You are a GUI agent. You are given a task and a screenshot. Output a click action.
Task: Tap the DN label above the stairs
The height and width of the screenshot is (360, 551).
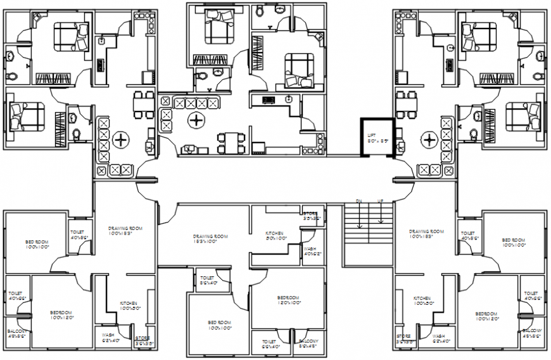point(358,201)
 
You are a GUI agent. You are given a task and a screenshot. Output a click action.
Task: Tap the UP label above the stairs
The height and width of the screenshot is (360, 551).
point(381,201)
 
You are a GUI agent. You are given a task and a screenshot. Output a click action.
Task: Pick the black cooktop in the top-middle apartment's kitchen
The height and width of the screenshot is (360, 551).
point(268,100)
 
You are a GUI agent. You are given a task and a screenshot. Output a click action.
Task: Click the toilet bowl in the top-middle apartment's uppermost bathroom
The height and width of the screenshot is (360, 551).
point(260,11)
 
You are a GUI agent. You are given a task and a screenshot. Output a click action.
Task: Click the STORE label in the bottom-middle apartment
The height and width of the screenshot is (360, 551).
point(310,214)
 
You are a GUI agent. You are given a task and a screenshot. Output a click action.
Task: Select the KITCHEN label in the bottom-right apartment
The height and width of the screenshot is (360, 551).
point(422,298)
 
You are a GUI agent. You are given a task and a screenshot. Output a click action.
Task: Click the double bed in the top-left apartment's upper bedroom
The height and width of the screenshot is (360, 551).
point(68,37)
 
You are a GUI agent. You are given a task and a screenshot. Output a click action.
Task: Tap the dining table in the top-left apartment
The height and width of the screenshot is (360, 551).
point(143,104)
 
